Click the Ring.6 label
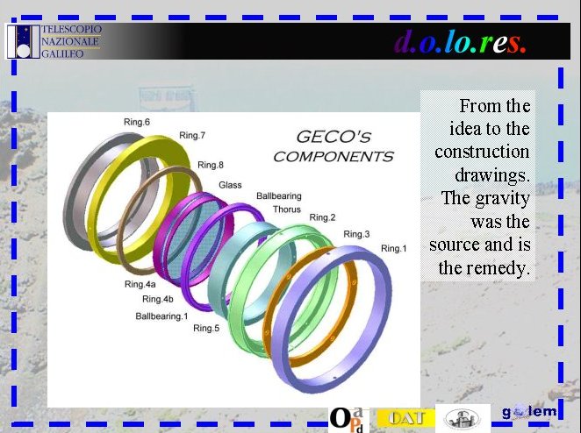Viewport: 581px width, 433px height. (x=137, y=122)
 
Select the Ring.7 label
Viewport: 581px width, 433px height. (x=192, y=136)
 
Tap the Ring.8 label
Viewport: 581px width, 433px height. (x=211, y=165)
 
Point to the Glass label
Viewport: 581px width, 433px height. (x=230, y=185)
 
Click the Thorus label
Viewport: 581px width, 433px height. (x=287, y=209)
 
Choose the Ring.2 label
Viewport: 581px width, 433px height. (x=322, y=217)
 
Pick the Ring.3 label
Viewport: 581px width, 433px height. (x=356, y=234)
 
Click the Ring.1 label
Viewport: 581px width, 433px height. (x=393, y=249)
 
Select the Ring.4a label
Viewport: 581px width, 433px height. (x=140, y=285)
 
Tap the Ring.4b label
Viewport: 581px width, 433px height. (x=158, y=299)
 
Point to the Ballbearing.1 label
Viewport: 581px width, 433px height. (x=161, y=316)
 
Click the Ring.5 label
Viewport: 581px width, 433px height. (x=206, y=329)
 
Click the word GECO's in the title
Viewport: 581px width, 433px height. (x=334, y=138)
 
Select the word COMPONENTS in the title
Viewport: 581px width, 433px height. (x=334, y=157)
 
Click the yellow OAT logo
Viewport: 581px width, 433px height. (x=406, y=418)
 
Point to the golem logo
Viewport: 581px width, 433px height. (x=529, y=412)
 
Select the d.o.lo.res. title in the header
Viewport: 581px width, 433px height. (x=460, y=43)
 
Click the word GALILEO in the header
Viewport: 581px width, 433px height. (x=62, y=54)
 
